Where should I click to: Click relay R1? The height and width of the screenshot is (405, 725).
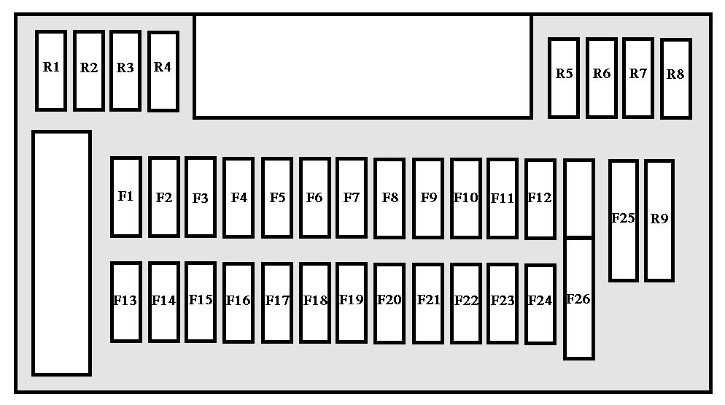pyautogui.click(x=51, y=71)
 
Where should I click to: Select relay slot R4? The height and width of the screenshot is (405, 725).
pyautogui.click(x=163, y=72)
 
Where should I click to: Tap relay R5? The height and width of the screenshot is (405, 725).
pyautogui.click(x=564, y=78)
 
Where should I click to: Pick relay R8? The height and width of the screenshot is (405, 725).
pyautogui.click(x=676, y=79)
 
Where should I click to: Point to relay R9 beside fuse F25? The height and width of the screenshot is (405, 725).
pyautogui.click(x=659, y=221)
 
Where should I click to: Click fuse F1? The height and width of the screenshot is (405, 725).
pyautogui.click(x=126, y=197)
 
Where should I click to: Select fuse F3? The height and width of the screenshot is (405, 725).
pyautogui.click(x=201, y=197)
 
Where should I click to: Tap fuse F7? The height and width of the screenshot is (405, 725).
pyautogui.click(x=352, y=198)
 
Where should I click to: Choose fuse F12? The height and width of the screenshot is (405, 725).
pyautogui.click(x=540, y=199)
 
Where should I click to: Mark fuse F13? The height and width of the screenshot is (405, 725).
pyautogui.click(x=126, y=302)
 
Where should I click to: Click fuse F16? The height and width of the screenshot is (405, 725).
pyautogui.click(x=238, y=303)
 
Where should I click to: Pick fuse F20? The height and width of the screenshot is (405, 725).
pyautogui.click(x=389, y=304)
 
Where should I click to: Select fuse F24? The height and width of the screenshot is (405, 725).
pyautogui.click(x=540, y=304)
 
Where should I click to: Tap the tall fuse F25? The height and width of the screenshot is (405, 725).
pyautogui.click(x=624, y=221)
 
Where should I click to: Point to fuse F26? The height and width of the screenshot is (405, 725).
pyautogui.click(x=579, y=298)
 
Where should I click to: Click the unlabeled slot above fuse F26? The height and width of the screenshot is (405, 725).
pyautogui.click(x=579, y=198)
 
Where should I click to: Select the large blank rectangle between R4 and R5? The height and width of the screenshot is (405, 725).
pyautogui.click(x=363, y=67)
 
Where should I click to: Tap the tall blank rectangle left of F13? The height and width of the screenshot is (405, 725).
pyautogui.click(x=61, y=253)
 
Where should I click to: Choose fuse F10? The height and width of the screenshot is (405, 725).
pyautogui.click(x=466, y=198)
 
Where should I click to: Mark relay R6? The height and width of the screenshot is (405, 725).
pyautogui.click(x=602, y=78)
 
